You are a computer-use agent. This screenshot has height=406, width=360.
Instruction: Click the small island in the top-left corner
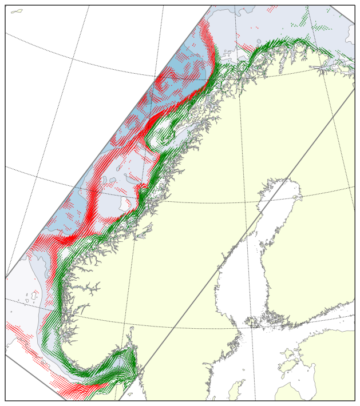click(x=17, y=11)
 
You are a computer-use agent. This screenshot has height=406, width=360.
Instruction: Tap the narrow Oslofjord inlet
click(x=132, y=337)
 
